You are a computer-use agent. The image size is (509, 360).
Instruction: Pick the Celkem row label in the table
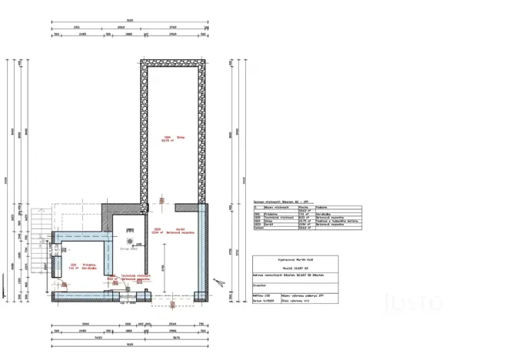click(x=259, y=228)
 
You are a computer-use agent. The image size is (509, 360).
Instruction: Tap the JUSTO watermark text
click(x=413, y=302)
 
